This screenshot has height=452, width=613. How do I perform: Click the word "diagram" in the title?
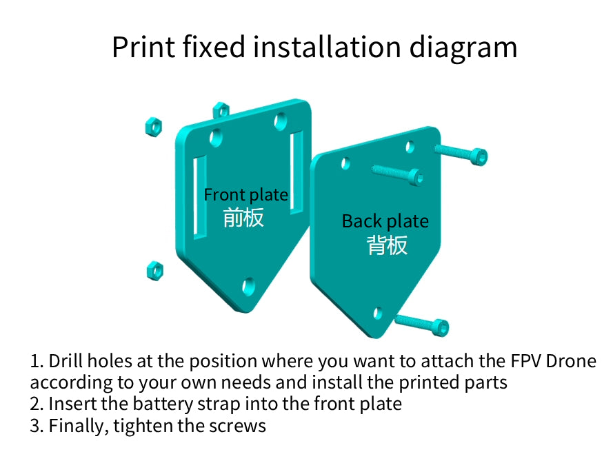point(463,48)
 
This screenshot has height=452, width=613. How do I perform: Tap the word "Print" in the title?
point(143,47)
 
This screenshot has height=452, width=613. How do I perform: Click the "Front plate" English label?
point(246,194)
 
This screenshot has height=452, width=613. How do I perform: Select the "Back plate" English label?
point(385,221)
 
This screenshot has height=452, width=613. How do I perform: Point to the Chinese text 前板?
point(243,218)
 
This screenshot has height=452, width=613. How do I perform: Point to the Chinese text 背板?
point(387,245)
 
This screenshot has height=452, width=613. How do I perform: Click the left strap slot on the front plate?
point(200,197)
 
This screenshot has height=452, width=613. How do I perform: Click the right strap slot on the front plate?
point(297,173)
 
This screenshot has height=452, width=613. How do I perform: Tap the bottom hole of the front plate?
point(248,286)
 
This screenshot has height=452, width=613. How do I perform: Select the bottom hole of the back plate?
point(378,313)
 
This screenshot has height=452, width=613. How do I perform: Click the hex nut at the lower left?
point(155,271)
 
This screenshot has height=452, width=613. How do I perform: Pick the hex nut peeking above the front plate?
point(221,110)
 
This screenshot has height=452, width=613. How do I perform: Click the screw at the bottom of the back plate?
point(423,325)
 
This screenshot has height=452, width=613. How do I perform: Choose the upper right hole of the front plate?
point(281,121)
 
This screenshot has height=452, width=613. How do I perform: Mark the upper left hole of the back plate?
point(345,163)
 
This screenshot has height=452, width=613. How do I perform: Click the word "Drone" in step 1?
point(571,361)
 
